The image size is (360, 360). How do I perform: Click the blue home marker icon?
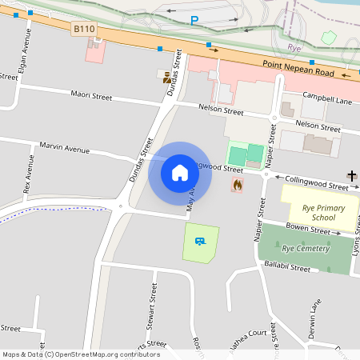180,173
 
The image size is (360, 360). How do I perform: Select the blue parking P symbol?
194,20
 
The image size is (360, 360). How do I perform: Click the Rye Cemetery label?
305,249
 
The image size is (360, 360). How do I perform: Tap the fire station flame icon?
237,185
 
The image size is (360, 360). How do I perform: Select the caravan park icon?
200,240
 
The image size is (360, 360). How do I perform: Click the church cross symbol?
351,175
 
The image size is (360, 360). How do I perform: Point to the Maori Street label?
90,95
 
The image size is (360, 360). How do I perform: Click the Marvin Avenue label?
64,148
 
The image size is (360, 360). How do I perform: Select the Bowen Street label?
308,230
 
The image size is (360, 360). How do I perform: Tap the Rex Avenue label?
28,176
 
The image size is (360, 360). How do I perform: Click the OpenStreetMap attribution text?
81,354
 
